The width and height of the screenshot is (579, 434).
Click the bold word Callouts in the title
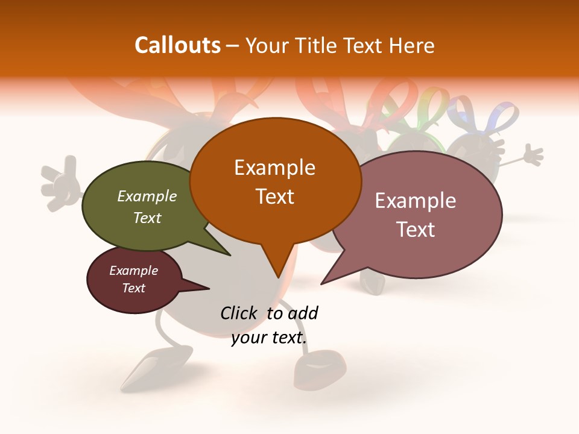pyautogui.click(x=177, y=45)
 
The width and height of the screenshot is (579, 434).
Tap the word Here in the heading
pyautogui.click(x=412, y=45)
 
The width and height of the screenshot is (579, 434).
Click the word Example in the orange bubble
pyautogui.click(x=274, y=168)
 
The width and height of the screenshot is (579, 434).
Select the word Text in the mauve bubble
pyautogui.click(x=416, y=230)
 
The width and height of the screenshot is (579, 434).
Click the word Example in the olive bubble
pyautogui.click(x=147, y=196)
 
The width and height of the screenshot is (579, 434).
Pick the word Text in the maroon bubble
pyautogui.click(x=134, y=288)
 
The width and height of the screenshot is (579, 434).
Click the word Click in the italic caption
pyautogui.click(x=239, y=313)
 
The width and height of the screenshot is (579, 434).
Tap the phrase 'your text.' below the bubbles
pyautogui.click(x=269, y=338)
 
